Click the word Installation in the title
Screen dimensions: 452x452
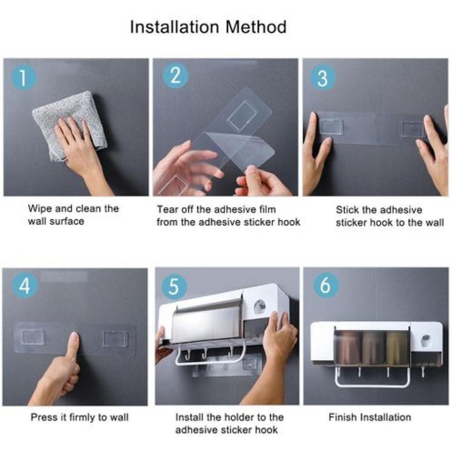tap(174, 27)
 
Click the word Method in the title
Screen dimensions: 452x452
tap(256, 27)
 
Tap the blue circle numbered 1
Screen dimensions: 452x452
tap(23, 78)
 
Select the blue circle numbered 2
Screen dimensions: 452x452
tap(176, 76)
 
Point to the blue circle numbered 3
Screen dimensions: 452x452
tap(323, 78)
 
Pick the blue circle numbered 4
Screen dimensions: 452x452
tap(25, 286)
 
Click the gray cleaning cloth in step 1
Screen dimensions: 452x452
tap(69, 126)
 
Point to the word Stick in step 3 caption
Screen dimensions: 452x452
tap(347, 210)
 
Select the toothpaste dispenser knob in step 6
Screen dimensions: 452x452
tap(426, 340)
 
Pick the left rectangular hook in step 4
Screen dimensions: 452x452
tap(33, 337)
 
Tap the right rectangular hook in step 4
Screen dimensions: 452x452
tap(115, 339)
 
